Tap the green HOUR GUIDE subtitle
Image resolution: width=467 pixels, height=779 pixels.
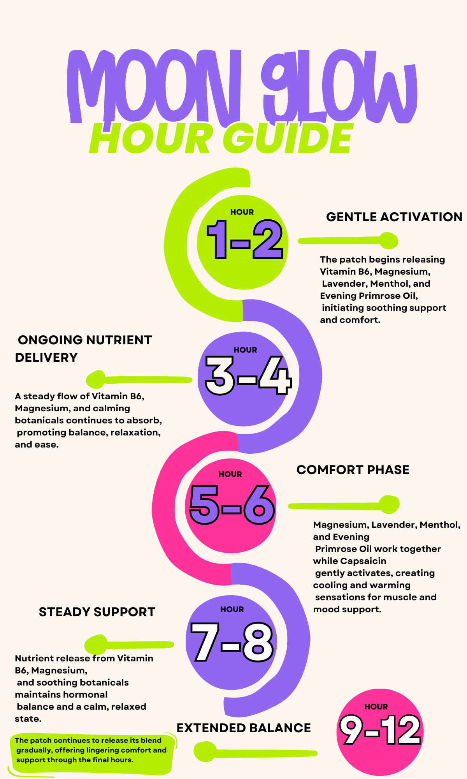click(222, 138)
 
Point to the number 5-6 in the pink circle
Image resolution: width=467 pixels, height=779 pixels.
click(232, 505)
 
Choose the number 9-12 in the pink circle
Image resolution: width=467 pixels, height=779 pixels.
click(380, 731)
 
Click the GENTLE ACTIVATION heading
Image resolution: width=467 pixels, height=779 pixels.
click(394, 217)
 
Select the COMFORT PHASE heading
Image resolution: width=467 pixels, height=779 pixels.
click(353, 470)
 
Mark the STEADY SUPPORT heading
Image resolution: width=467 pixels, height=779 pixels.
click(97, 612)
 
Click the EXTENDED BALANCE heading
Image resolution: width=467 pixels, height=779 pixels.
click(244, 728)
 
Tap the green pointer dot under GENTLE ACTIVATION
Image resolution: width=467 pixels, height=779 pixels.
click(388, 241)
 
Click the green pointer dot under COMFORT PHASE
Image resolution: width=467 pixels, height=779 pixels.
click(389, 505)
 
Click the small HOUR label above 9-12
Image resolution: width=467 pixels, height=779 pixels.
click(376, 707)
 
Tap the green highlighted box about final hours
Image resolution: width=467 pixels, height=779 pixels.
click(92, 753)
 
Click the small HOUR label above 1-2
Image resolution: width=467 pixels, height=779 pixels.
click(242, 212)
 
